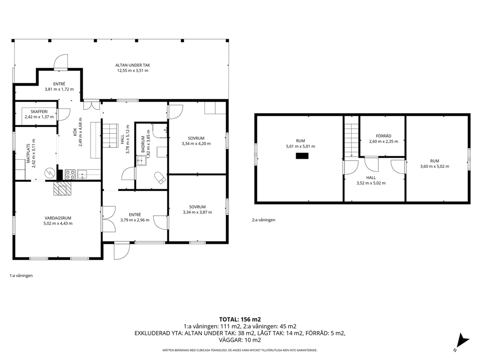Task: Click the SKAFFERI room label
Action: click(39, 112)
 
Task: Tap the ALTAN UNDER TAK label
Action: click(133, 65)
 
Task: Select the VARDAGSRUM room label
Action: click(58, 218)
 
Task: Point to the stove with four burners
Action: click(70, 175)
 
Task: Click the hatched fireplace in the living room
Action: click(62, 188)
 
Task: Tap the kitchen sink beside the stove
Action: click(82, 175)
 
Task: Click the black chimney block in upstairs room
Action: click(302, 156)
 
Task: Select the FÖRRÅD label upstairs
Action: click(384, 136)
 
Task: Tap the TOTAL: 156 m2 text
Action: click(240, 320)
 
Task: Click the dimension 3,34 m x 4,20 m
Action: click(196, 144)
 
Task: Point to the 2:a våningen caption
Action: click(264, 220)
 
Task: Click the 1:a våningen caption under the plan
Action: click(21, 275)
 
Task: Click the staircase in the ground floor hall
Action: click(110, 135)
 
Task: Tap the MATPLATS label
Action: click(28, 153)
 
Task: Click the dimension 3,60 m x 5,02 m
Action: click(435, 166)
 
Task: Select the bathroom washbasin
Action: click(141, 161)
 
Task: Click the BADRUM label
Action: click(143, 144)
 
